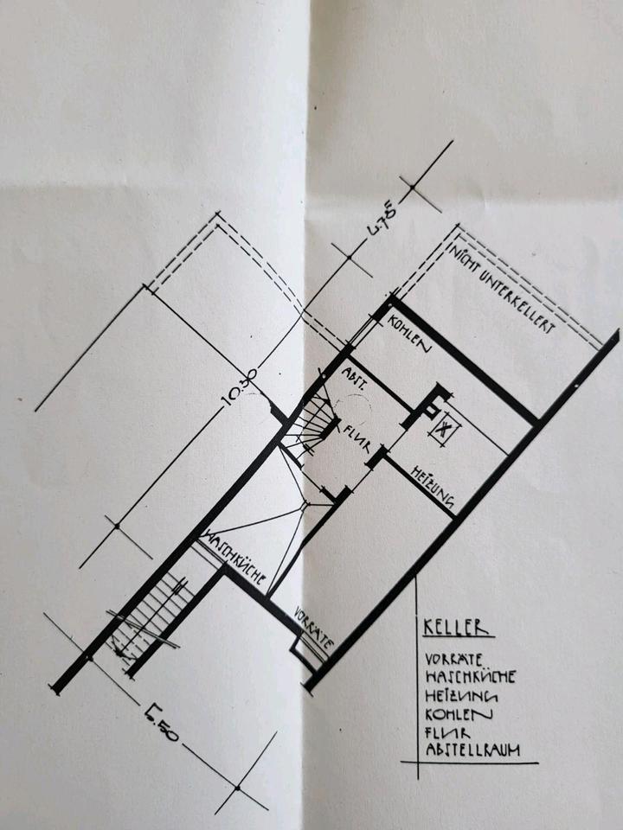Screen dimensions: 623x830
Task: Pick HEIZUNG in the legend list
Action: pyautogui.click(x=459, y=694)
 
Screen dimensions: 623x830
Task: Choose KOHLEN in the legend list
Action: pyautogui.click(x=459, y=713)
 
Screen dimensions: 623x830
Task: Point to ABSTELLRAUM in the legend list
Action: pyautogui.click(x=472, y=750)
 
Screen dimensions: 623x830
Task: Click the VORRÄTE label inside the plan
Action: pyautogui.click(x=311, y=629)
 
